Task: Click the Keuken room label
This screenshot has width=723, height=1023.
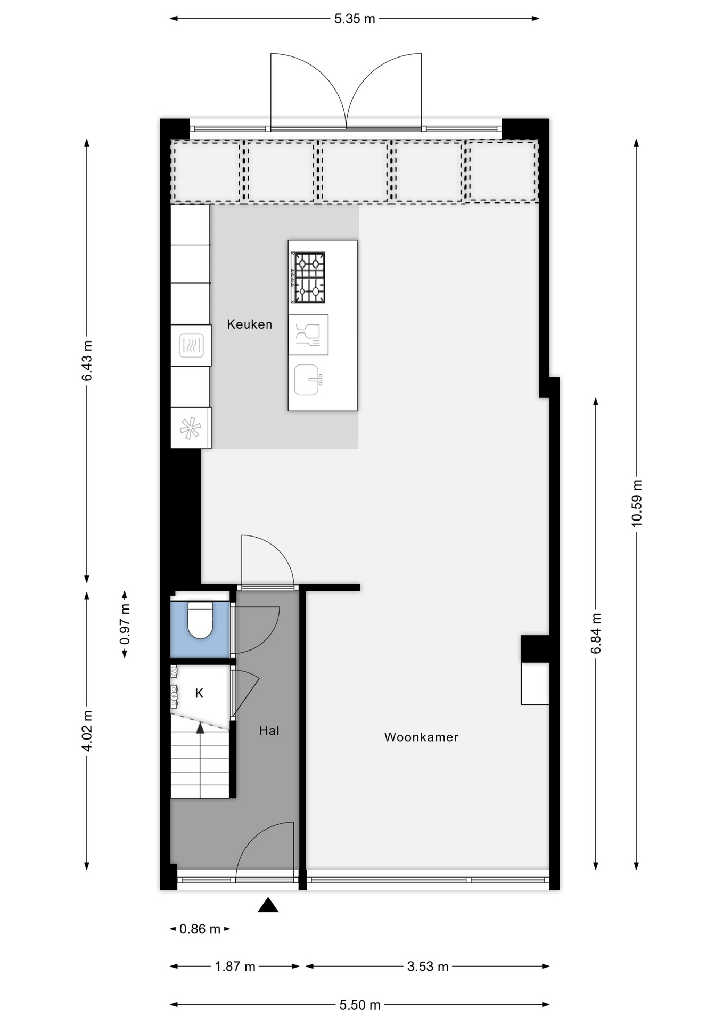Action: point(249,324)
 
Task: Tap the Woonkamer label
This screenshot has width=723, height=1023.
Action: point(421,737)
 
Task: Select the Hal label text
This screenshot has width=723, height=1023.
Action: point(269,730)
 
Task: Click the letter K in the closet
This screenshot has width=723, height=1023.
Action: point(199,693)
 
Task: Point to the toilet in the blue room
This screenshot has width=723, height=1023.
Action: point(200,620)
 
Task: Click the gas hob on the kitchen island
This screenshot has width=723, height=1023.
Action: point(308,278)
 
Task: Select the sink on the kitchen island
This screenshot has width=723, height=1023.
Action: point(308,380)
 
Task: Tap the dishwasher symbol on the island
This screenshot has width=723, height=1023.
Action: point(308,335)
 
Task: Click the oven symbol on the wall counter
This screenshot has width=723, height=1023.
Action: point(191,345)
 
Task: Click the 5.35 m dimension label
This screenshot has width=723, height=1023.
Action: point(355,19)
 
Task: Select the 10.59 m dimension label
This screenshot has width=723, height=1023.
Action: point(637,504)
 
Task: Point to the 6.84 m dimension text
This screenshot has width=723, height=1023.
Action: point(596,634)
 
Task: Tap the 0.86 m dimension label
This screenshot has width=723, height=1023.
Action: point(200,929)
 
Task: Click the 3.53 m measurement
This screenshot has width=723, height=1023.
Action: point(428,967)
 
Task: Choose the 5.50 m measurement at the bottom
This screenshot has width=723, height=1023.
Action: point(360,1005)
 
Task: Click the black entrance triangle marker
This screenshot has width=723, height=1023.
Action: point(268,905)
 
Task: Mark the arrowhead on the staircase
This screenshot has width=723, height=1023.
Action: point(200,728)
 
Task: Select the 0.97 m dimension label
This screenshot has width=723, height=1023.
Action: point(125,624)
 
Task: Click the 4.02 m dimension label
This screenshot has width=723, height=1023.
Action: point(87,730)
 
